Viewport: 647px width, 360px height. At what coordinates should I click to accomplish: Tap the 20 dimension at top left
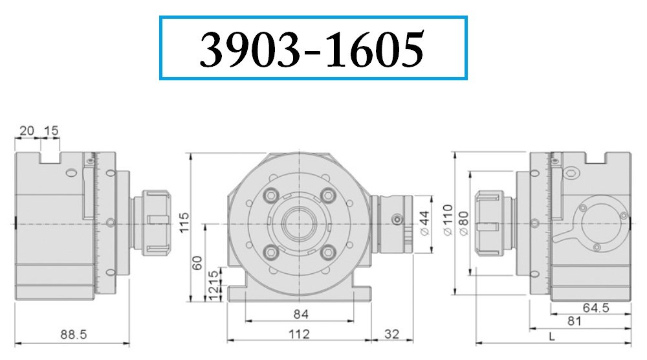tap(27, 131)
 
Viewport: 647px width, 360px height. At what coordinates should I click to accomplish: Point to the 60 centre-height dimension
tap(197, 262)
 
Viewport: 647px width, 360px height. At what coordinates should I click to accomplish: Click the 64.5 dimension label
tap(596, 308)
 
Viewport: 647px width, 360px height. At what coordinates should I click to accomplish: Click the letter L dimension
tap(551, 337)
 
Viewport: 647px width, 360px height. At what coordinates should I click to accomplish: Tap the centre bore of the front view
tap(300, 224)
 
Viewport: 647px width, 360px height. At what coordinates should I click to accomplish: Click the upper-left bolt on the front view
tap(270, 195)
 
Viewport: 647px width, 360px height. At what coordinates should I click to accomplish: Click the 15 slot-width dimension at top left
tap(51, 131)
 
